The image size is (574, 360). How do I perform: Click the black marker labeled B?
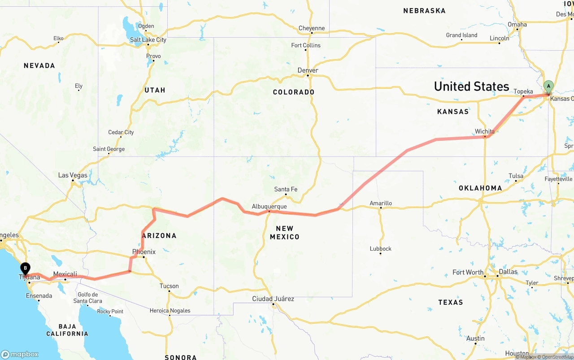pos(26,269)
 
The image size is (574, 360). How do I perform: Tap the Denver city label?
pos(308,70)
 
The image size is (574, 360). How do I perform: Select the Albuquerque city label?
pos(269,207)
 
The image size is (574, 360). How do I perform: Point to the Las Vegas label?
pos(73,175)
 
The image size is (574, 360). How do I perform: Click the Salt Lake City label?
pos(148,40)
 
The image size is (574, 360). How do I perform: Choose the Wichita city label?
pos(485,131)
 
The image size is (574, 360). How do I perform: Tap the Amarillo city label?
pos(381,203)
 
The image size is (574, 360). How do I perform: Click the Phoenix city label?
pos(144,252)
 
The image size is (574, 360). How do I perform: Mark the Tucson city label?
pos(169,286)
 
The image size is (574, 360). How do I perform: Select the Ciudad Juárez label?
pos(274,299)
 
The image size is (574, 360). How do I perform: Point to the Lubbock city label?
pos(381,248)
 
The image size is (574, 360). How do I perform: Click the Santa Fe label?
pos(286,189)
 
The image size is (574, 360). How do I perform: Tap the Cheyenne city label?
pos(312,28)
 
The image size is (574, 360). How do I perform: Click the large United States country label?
pos(471,86)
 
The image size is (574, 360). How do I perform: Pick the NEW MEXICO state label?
pos(284,233)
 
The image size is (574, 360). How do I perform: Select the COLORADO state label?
pos(294,92)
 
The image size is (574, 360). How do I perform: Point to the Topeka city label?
pos(523,91)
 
